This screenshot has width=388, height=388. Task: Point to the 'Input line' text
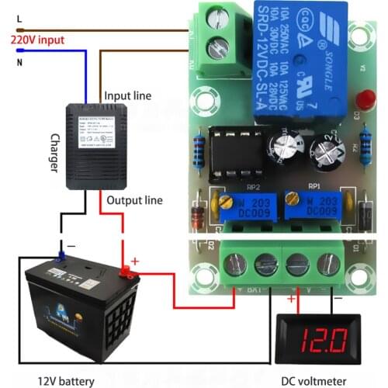click(x=128, y=95)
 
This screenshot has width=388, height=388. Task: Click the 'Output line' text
click(x=134, y=199)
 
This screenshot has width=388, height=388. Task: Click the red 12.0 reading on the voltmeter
click(x=320, y=339)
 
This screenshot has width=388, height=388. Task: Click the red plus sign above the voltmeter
click(x=291, y=298)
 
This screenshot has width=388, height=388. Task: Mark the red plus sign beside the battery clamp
click(x=134, y=262)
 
